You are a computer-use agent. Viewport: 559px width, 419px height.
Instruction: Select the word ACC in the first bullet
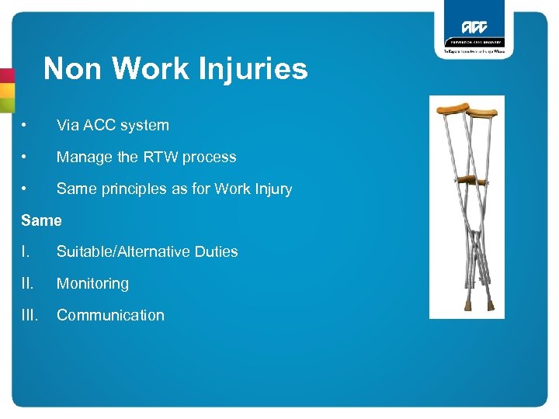pyautogui.click(x=97, y=125)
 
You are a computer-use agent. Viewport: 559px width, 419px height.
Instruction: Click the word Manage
pyautogui.click(x=83, y=157)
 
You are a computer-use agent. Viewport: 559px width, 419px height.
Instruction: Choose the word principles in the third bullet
pyautogui.click(x=129, y=189)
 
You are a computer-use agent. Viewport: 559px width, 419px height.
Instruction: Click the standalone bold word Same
pyautogui.click(x=41, y=220)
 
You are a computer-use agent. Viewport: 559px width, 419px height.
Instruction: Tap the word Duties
pyautogui.click(x=216, y=251)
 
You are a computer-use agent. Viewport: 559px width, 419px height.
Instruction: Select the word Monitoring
pyautogui.click(x=92, y=283)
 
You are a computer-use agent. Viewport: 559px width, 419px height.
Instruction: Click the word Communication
pyautogui.click(x=110, y=315)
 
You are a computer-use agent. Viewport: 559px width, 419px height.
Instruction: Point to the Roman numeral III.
pyautogui.click(x=29, y=315)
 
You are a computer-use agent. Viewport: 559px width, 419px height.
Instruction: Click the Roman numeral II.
pyautogui.click(x=27, y=283)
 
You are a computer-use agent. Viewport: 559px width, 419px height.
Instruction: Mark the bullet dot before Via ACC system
pyautogui.click(x=26, y=125)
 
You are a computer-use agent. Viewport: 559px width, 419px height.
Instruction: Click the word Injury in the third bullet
pyautogui.click(x=272, y=189)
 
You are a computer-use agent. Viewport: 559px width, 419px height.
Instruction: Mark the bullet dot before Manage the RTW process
pyautogui.click(x=26, y=157)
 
